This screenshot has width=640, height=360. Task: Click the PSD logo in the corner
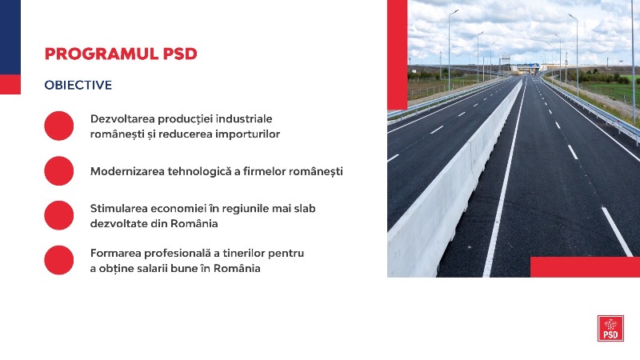pos(610,328)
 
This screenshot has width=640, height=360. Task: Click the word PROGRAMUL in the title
pos(102,54)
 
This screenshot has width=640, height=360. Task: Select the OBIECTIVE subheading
pos(78,85)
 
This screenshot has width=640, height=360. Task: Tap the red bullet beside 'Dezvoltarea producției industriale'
pos(58,126)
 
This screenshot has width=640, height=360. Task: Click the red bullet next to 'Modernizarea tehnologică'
pos(58,170)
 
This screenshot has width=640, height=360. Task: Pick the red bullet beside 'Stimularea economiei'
pos(58,215)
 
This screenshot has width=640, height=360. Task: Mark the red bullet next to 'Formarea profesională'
pos(58,260)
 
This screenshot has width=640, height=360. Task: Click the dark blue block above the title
pos(10,37)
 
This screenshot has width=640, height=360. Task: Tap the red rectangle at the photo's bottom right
pos(585,267)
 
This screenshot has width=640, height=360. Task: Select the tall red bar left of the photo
pos(397,54)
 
